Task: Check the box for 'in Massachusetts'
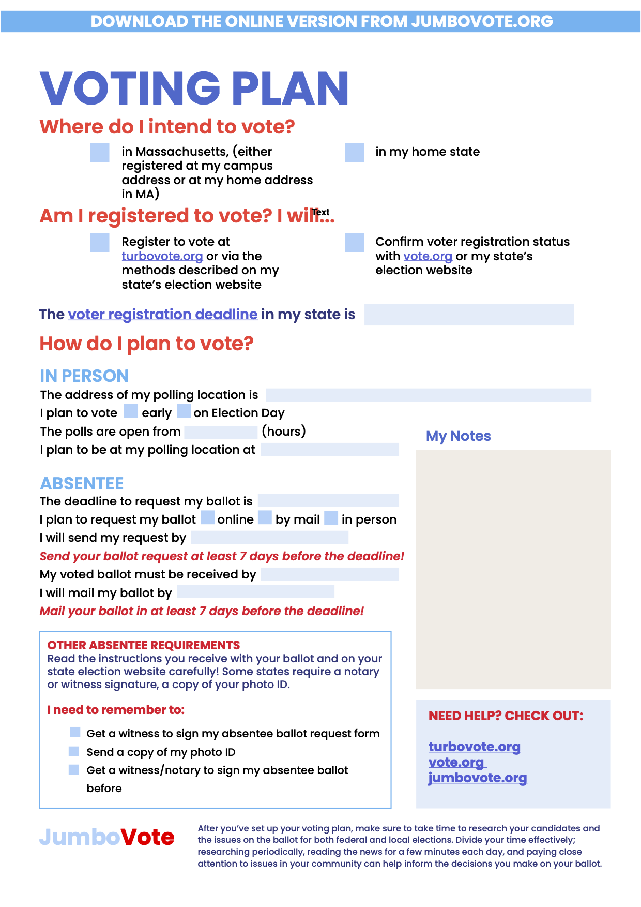coord(100,153)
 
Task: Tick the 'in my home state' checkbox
coord(355,153)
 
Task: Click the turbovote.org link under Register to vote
coord(162,256)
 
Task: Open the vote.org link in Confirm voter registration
coord(428,256)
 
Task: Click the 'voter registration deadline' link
coord(162,315)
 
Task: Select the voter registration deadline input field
coord(469,315)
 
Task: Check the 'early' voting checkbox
coord(131,411)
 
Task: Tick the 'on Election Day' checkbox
coord(184,411)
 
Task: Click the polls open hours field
coord(221,432)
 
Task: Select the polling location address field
coord(428,395)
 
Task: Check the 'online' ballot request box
coord(208,517)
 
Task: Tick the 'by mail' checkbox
coord(265,517)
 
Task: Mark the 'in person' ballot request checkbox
coord(331,517)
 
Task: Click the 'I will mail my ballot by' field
coord(255,591)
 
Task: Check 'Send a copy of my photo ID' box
coord(74,751)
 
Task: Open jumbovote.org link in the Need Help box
coord(477,778)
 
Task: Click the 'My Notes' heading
coord(458,436)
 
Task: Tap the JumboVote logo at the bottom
coord(106,837)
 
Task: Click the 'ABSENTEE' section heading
coord(82,483)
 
